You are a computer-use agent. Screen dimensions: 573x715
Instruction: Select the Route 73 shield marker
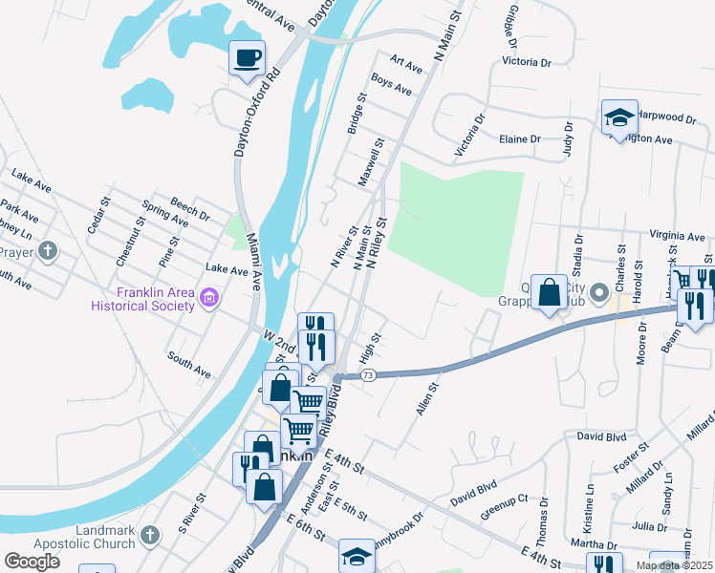click(x=368, y=376)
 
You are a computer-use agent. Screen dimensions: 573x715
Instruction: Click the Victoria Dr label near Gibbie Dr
click(x=527, y=62)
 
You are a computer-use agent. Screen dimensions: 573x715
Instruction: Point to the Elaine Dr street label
click(x=520, y=139)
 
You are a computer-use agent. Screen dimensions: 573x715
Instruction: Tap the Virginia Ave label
click(x=676, y=235)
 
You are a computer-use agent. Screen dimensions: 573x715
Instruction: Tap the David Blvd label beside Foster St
click(x=601, y=436)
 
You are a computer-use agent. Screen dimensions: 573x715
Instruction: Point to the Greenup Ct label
click(x=504, y=504)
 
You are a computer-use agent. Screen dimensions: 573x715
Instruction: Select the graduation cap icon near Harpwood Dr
click(x=618, y=118)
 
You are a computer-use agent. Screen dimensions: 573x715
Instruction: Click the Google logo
click(x=32, y=561)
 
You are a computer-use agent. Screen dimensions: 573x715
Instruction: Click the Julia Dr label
click(x=649, y=526)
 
